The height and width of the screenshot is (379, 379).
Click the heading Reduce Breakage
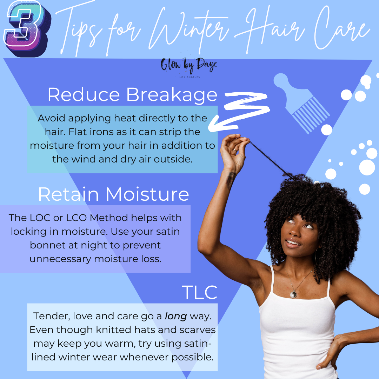click(x=132, y=95)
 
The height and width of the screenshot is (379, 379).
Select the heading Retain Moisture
click(x=113, y=194)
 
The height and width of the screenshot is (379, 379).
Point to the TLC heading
click(x=199, y=292)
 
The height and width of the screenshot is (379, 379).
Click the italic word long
click(x=176, y=316)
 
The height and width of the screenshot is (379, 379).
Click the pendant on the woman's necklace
click(x=293, y=294)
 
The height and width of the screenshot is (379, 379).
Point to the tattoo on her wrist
click(x=231, y=179)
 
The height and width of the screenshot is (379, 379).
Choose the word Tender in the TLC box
click(x=48, y=316)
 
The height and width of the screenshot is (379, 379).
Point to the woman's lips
click(x=293, y=242)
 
